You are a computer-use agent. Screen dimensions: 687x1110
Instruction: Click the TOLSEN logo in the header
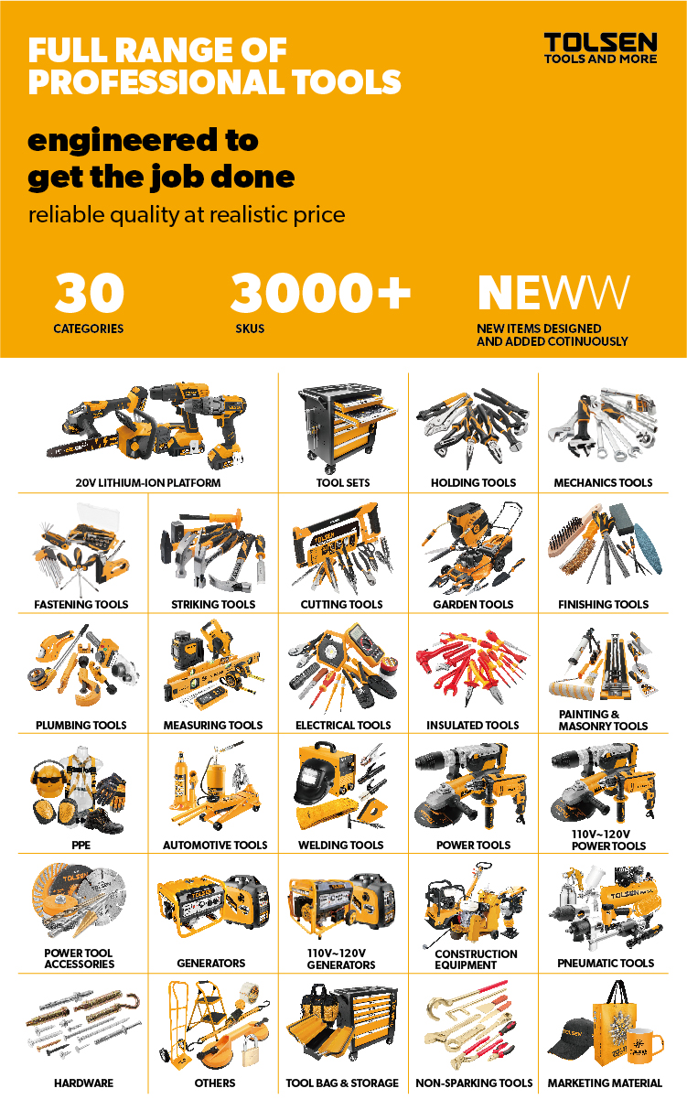coord(600,48)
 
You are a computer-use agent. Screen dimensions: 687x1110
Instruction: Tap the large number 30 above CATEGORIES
coord(89,293)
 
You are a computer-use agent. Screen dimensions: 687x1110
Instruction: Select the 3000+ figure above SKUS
coord(320,293)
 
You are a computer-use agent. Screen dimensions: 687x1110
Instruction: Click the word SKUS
coord(250,329)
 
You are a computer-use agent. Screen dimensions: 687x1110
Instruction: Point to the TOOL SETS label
coord(343,482)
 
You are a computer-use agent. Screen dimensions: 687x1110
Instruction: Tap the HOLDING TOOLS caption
coord(473,482)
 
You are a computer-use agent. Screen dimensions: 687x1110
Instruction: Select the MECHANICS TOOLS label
coord(603,482)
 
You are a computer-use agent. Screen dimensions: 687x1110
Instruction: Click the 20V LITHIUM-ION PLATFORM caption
coord(147,482)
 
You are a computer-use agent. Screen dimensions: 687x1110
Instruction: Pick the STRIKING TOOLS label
coord(213,604)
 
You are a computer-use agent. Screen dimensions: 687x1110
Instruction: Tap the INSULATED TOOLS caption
coord(473,725)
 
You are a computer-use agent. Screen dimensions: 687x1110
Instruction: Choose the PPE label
coord(81,845)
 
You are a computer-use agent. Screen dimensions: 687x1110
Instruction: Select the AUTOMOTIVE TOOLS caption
coord(215,845)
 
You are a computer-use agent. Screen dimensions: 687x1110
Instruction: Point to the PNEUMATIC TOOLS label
coord(606,963)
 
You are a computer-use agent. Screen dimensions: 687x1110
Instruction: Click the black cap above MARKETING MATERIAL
coord(571,1038)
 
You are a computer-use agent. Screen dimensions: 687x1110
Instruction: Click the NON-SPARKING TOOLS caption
coord(474,1083)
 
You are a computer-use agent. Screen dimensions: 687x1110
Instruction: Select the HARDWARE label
coord(83,1083)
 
